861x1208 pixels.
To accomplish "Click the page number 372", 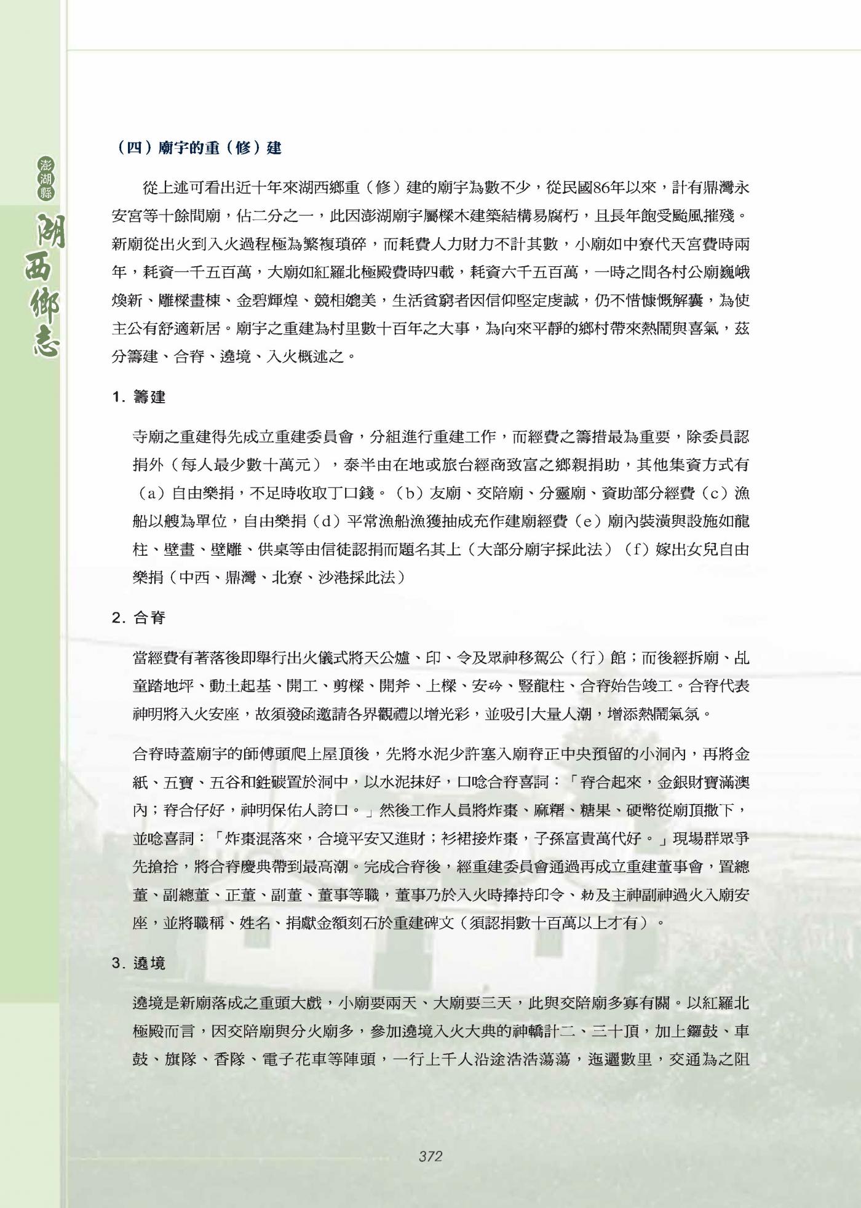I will [430, 1156].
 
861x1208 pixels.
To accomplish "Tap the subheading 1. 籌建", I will [139, 397].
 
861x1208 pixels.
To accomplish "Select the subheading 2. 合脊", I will [139, 618].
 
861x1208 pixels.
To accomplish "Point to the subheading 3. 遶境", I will [139, 963].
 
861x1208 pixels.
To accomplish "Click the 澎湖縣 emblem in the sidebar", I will [46, 178].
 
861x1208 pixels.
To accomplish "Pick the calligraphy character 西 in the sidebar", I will [46, 264].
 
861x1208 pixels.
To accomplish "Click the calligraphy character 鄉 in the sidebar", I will [46, 304].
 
